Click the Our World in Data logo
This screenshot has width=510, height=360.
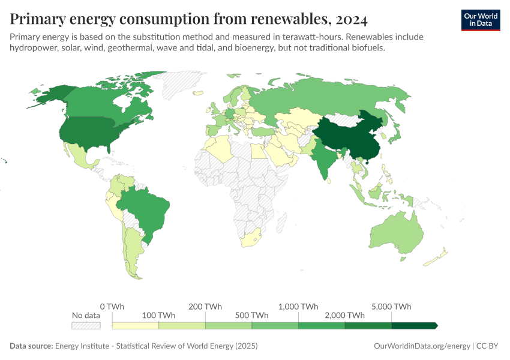pyautogui.click(x=480, y=20)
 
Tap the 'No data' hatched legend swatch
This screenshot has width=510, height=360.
pyautogui.click(x=85, y=325)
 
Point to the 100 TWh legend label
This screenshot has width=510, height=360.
pyautogui.click(x=158, y=315)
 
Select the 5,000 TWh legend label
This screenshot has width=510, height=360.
pyautogui.click(x=391, y=307)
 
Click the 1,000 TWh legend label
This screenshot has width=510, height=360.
pyautogui.click(x=298, y=307)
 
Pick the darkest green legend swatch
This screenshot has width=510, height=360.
pyautogui.click(x=414, y=325)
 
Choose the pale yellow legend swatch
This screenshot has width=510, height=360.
pyautogui.click(x=136, y=325)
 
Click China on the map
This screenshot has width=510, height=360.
pyautogui.click(x=348, y=135)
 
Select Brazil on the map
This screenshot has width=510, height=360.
pyautogui.click(x=147, y=210)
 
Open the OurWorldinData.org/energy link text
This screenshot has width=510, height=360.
pyautogui.click(x=422, y=346)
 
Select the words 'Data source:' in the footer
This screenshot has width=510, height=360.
pyautogui.click(x=31, y=346)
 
